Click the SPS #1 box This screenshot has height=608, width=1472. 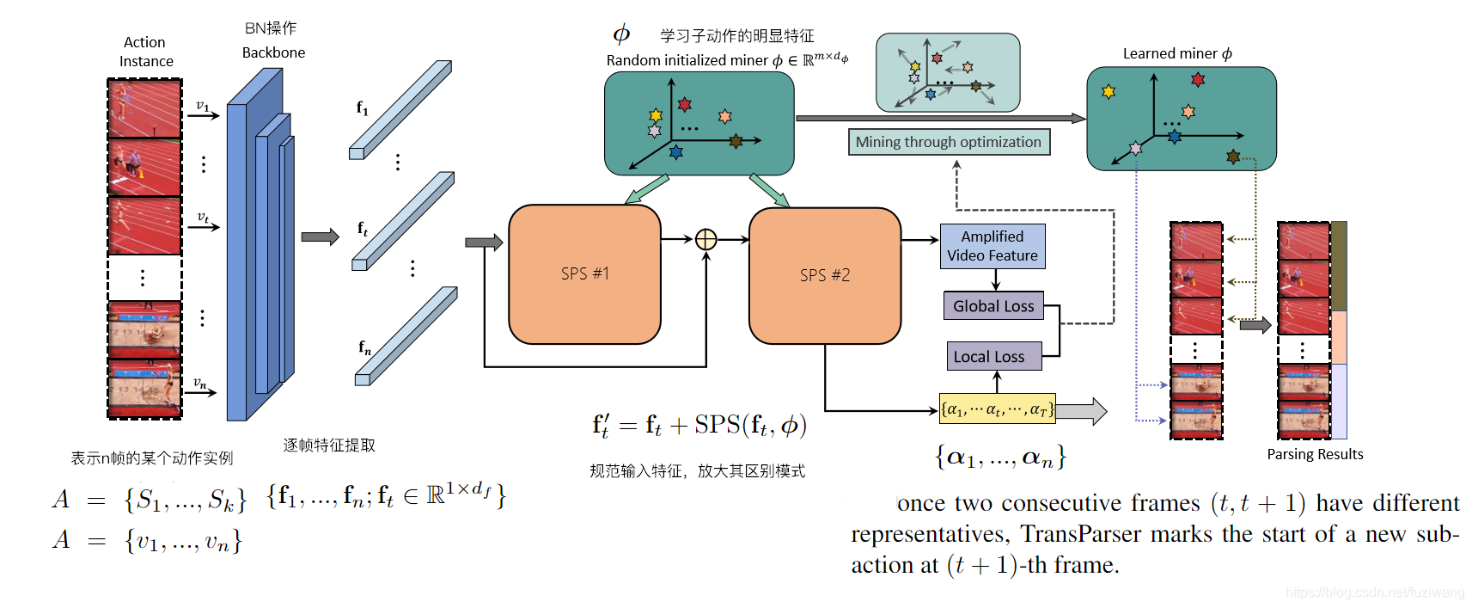tap(584, 273)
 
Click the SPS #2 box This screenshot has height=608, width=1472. tap(824, 275)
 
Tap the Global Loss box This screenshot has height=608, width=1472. tap(993, 306)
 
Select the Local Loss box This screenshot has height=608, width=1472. tap(988, 356)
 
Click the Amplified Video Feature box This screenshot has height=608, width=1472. tap(993, 246)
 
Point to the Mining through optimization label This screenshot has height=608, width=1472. tap(948, 142)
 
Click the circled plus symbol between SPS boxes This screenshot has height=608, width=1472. tap(705, 239)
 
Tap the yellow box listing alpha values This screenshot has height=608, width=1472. tap(997, 410)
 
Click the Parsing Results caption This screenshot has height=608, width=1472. tap(1315, 454)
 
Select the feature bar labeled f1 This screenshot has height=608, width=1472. tap(400, 109)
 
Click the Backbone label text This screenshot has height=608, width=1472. tap(273, 52)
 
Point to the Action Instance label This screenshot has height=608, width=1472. tap(145, 52)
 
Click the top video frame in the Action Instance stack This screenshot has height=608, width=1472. tap(144, 108)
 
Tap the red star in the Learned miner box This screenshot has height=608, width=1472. tap(1198, 80)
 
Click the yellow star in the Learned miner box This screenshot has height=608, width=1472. tap(1109, 91)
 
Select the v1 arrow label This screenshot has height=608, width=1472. tap(203, 106)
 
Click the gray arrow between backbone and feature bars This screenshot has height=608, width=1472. tap(320, 236)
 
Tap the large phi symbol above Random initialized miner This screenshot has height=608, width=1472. tap(621, 34)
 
